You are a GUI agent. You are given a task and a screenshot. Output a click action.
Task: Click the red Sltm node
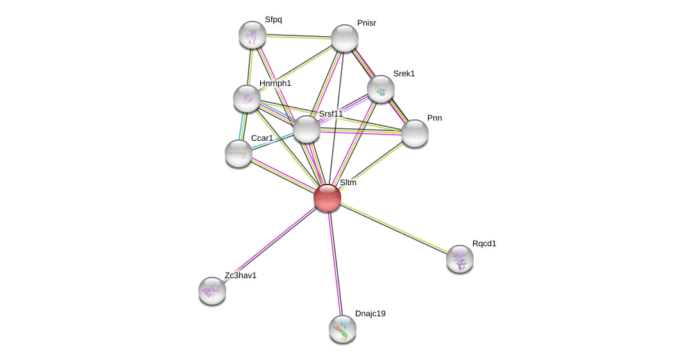[x=327, y=198]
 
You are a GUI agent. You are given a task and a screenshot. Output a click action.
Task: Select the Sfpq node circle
[x=252, y=35]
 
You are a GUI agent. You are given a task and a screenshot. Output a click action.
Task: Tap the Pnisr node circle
[x=345, y=38]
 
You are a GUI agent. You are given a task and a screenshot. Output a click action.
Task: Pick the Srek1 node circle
[x=381, y=89]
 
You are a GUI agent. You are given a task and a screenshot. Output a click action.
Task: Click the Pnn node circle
[x=415, y=133]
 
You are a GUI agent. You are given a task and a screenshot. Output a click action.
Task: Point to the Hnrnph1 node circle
[x=247, y=98]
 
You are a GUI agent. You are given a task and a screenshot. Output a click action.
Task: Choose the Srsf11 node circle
[x=307, y=129]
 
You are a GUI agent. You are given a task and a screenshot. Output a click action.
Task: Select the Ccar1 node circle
[x=239, y=153]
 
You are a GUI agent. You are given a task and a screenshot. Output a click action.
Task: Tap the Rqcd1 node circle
[x=460, y=259]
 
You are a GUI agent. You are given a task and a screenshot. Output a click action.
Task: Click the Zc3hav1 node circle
[x=212, y=291]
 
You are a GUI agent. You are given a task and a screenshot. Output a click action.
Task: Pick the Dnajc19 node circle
[x=343, y=329]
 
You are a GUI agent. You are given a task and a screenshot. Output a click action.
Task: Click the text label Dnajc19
[x=370, y=314]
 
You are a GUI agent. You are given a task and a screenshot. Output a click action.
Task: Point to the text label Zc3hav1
[x=240, y=275]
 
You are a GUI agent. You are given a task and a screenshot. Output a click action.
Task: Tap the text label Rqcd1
[x=484, y=243]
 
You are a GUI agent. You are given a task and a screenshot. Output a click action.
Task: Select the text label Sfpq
[x=273, y=19]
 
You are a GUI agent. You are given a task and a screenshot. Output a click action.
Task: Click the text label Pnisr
[x=366, y=23]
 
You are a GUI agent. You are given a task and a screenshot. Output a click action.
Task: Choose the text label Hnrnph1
[x=275, y=83]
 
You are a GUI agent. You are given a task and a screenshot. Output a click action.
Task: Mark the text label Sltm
[x=348, y=182]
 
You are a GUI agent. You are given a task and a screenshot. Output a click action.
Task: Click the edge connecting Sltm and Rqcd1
[x=393, y=228]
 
